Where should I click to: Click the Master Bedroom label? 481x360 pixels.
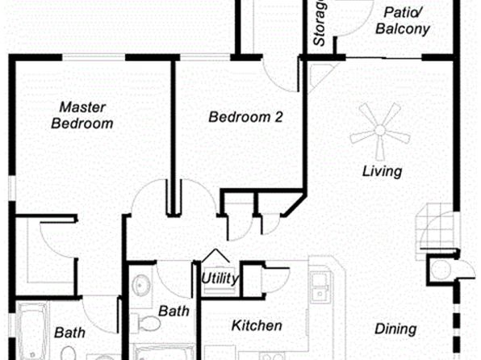click(82, 115)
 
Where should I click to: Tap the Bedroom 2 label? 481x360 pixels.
click(245, 117)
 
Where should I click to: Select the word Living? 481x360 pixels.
click(383, 171)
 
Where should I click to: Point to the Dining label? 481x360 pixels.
click(395, 329)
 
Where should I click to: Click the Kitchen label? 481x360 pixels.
click(257, 325)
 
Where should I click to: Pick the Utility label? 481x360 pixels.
click(220, 278)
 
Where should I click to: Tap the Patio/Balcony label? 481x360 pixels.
click(403, 21)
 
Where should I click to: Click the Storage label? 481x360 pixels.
click(319, 23)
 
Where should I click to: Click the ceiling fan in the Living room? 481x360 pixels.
click(380, 131)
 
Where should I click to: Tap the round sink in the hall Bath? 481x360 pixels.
click(141, 285)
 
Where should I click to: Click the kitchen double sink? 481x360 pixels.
click(320, 287)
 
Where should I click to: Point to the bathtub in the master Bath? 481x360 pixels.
click(32, 331)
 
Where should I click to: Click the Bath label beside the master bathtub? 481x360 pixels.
click(69, 333)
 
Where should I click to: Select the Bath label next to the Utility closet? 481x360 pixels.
click(174, 312)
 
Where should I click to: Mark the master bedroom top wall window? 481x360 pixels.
click(94, 57)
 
